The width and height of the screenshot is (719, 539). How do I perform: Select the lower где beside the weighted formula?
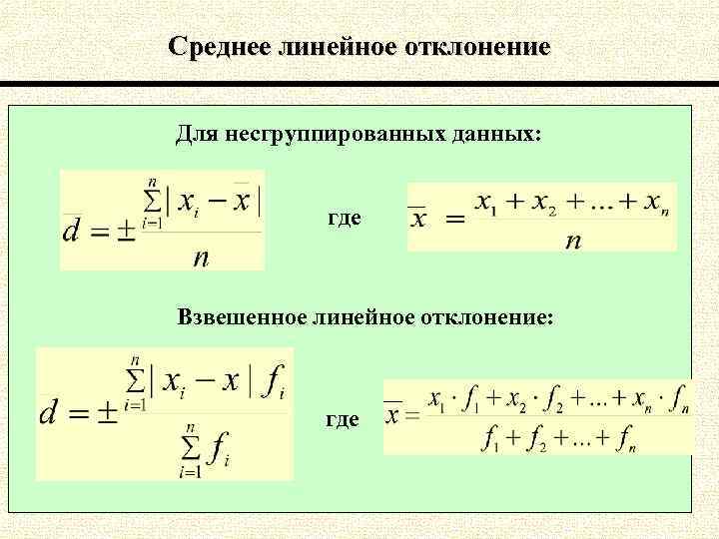(342, 419)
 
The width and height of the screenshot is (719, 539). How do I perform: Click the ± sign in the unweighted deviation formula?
(127, 231)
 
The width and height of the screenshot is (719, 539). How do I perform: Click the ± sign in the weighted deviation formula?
(105, 412)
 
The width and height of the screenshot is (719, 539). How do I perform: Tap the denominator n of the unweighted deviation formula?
(201, 259)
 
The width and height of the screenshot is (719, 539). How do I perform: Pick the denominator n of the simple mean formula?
(572, 241)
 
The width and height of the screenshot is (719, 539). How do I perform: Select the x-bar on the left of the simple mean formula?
(420, 216)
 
